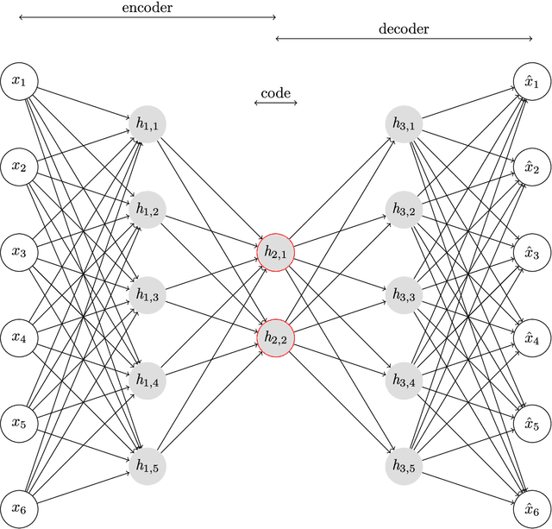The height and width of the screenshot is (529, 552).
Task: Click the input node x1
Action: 19,82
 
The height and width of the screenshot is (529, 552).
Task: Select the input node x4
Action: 19,337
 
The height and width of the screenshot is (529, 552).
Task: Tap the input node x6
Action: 19,508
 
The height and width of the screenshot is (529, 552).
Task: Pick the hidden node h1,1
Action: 147,125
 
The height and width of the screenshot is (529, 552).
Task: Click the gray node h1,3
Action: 147,295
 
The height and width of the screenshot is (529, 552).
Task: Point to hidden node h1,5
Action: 147,465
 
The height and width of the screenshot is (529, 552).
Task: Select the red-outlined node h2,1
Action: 276,252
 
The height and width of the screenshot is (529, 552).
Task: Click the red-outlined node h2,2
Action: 276,337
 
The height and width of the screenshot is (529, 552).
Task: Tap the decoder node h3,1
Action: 405,125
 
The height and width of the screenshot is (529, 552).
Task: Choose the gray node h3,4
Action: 405,381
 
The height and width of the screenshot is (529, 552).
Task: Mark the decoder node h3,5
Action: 405,465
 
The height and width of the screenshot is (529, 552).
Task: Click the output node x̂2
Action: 532,167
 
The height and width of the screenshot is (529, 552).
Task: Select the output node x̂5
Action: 532,423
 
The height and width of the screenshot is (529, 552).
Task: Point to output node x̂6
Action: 532,508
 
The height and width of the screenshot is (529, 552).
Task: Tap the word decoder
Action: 404,28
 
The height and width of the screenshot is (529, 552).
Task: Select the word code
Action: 276,92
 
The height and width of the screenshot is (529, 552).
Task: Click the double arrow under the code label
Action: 276,104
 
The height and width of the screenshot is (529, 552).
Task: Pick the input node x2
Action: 19,167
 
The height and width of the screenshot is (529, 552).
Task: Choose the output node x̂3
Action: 532,253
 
